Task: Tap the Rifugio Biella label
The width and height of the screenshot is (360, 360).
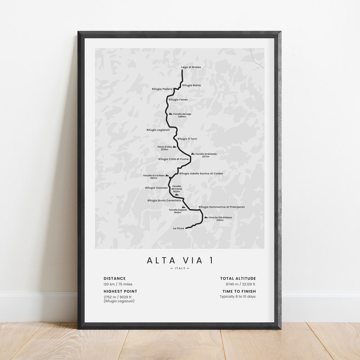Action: tap(192, 85)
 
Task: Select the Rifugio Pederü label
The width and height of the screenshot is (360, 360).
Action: tap(162, 89)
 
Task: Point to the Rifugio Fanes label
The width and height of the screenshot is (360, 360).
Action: tap(178, 99)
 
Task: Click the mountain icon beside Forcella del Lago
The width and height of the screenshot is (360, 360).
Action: tap(171, 114)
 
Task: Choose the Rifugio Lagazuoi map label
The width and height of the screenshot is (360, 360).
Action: tap(158, 130)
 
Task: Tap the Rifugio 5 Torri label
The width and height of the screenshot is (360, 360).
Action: tap(187, 139)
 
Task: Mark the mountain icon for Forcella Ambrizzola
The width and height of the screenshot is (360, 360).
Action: tap(193, 154)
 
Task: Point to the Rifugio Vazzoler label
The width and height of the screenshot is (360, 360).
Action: tap(157, 188)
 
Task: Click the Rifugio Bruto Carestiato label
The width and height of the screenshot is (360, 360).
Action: tap(164, 200)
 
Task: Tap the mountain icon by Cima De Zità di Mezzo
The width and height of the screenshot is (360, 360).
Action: tap(206, 217)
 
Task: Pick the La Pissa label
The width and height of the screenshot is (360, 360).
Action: tap(178, 229)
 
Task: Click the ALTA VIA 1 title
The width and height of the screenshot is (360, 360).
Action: tap(180, 260)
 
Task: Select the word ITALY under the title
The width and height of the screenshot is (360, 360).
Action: tap(180, 269)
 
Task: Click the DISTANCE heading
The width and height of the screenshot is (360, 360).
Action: tap(115, 279)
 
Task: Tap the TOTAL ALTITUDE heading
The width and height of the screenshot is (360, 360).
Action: tap(238, 279)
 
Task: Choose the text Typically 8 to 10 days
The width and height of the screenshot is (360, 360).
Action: tap(238, 297)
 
